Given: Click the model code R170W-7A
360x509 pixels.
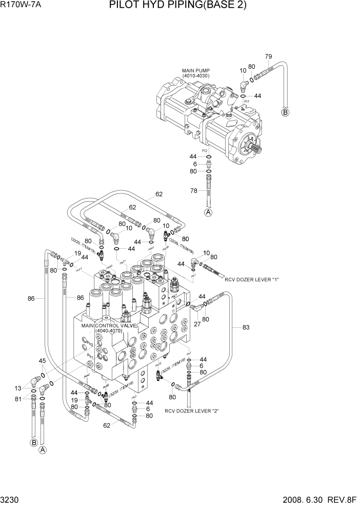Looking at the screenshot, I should pyautogui.click(x=22, y=6).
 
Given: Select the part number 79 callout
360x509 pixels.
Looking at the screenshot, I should pyautogui.click(x=268, y=56).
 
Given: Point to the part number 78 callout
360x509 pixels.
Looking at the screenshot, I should pyautogui.click(x=194, y=191).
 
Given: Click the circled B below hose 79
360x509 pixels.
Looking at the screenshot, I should pyautogui.click(x=286, y=112).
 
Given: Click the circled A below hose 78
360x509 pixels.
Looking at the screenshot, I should pyautogui.click(x=208, y=212).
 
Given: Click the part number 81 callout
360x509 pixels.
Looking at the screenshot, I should pyautogui.click(x=18, y=399).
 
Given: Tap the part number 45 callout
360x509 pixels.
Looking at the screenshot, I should pyautogui.click(x=43, y=361).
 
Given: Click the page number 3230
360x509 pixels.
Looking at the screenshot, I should pyautogui.click(x=11, y=500).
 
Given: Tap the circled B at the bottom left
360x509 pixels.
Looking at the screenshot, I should pyautogui.click(x=34, y=442).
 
